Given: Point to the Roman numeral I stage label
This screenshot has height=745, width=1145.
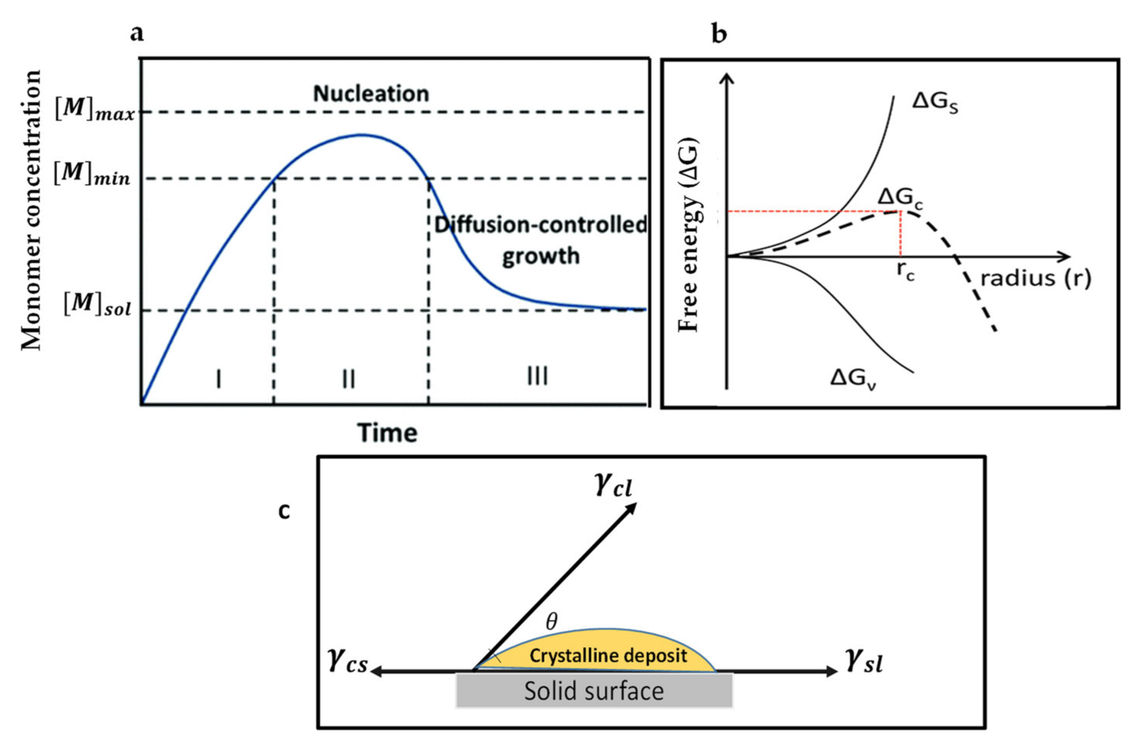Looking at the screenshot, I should coord(219,378).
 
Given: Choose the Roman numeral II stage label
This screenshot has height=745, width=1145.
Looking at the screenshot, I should coord(349,378).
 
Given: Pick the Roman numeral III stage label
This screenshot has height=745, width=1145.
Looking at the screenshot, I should coord(537,376).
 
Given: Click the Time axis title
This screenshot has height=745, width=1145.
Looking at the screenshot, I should coord(387,433).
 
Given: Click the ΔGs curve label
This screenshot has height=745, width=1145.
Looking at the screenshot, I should coord(935,104).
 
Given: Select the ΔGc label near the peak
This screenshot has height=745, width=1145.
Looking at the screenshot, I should coord(900,198).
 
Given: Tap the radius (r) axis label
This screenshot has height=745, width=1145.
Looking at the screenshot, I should coord(1036,278).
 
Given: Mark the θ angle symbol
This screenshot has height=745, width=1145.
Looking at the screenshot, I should coord(552,622).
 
